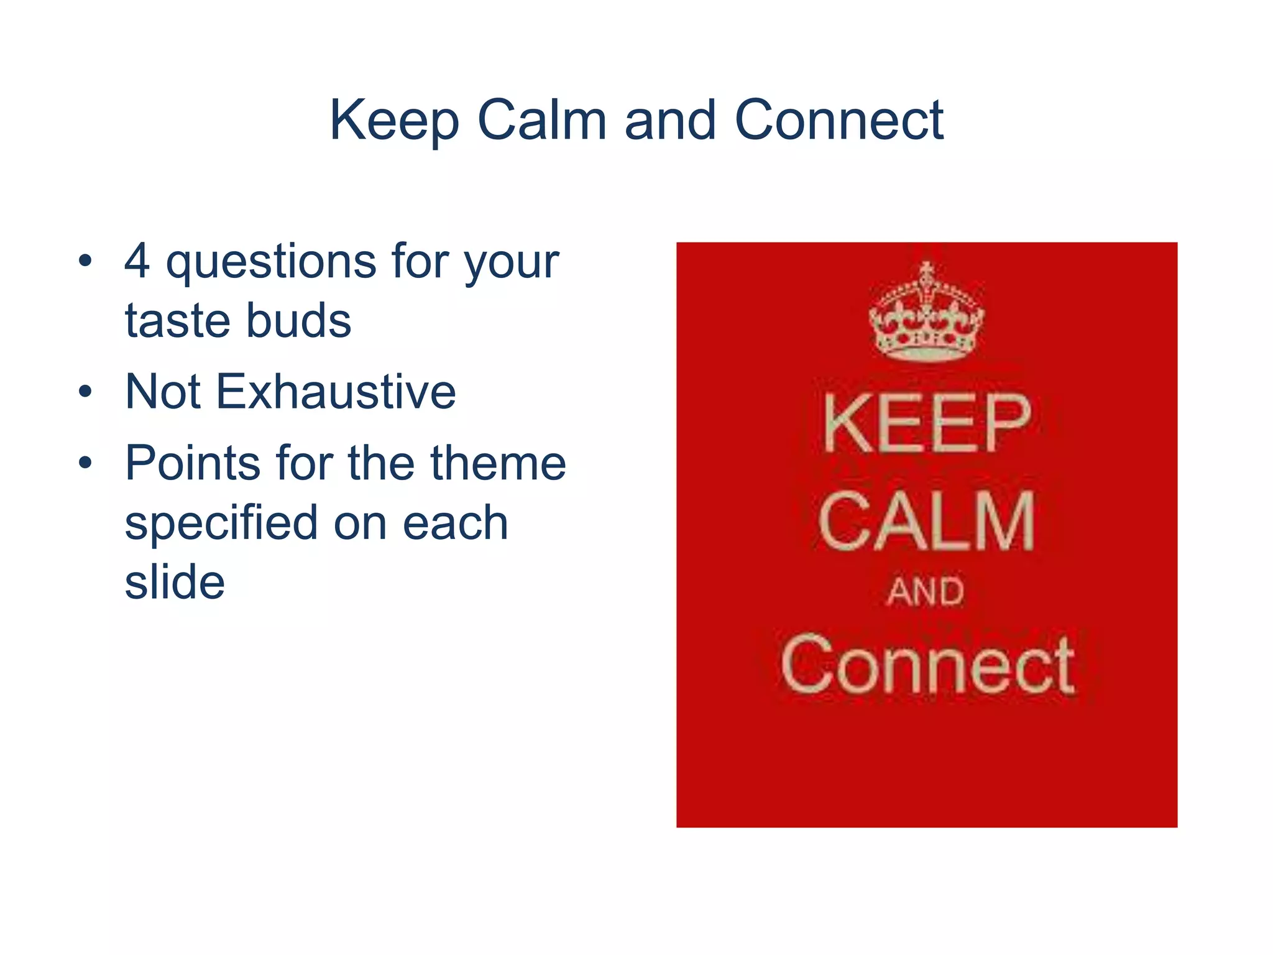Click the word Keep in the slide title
click(394, 121)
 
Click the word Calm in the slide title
click(542, 121)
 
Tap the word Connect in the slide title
click(839, 121)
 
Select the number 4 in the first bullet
click(137, 261)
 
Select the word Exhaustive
click(336, 392)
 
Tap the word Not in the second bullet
click(163, 392)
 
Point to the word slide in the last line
click(175, 582)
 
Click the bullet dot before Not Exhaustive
click(85, 392)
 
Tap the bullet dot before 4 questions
click(85, 261)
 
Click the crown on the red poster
click(926, 314)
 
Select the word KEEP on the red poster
click(926, 424)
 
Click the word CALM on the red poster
click(926, 521)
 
